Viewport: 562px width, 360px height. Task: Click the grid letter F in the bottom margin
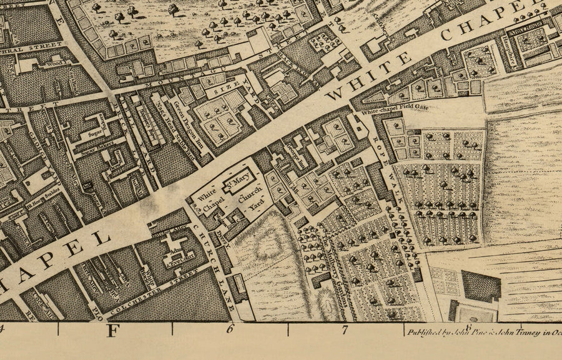click(112, 331)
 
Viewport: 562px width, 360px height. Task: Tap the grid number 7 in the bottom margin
click(344, 331)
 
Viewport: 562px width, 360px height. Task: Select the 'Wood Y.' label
click(56, 62)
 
